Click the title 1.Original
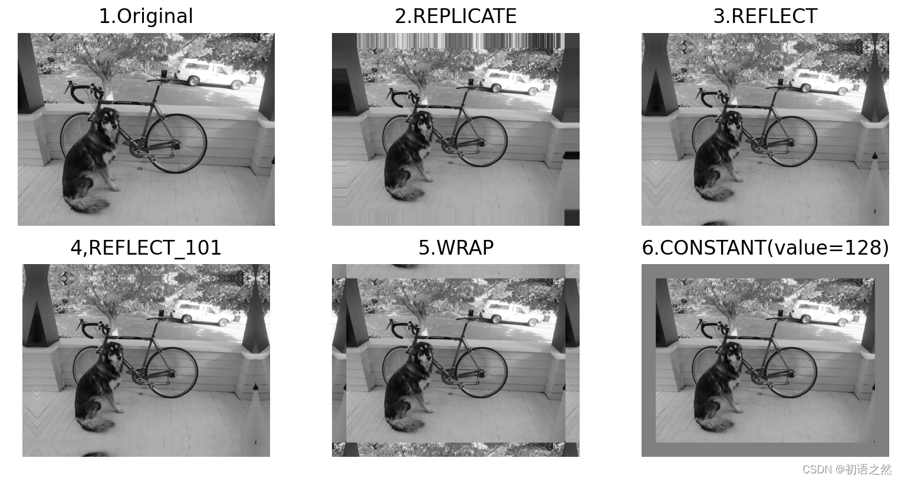point(146,17)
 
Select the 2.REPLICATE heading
point(456,17)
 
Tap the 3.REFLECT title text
point(765,17)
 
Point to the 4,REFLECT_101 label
point(146,248)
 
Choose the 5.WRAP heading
point(456,248)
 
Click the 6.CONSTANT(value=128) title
point(765,248)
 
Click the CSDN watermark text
point(847,469)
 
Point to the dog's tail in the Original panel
point(89,204)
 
